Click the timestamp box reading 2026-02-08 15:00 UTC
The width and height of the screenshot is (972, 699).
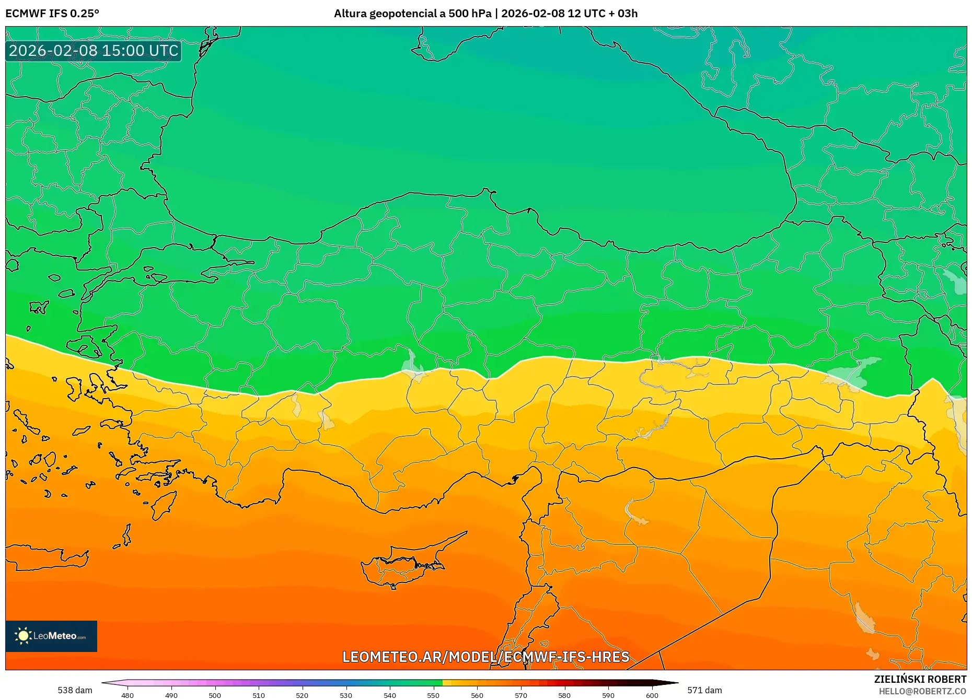point(94,51)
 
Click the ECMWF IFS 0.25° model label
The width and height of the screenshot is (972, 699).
point(52,14)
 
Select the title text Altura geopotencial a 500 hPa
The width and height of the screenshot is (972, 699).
point(412,14)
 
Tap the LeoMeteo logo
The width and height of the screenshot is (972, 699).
point(51,636)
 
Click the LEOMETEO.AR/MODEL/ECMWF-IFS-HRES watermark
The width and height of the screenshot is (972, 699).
point(485,657)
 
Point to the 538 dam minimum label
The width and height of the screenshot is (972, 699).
point(75,690)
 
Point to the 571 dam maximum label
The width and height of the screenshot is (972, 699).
point(704,690)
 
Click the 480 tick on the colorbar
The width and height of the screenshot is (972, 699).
point(128,695)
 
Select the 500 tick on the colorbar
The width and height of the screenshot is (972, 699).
point(215,695)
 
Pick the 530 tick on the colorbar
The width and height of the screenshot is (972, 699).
point(346,695)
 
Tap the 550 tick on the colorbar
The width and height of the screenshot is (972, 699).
point(433,695)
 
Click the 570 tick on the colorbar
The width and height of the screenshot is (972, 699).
point(520,695)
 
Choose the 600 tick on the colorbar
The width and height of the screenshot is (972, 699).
point(652,695)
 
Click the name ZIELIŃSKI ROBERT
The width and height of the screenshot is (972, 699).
point(920,679)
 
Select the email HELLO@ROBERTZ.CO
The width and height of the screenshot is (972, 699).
point(922,691)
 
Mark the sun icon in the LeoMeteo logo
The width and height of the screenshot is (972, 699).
point(23,636)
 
